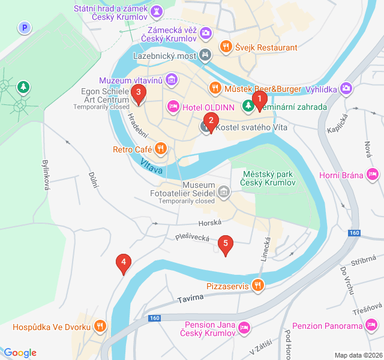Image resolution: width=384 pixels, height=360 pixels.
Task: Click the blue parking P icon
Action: (24, 28)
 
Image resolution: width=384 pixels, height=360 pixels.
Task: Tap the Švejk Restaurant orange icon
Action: (226, 46)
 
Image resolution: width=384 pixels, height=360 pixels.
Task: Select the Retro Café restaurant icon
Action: (160, 148)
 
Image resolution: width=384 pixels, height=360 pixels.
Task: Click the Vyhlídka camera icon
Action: (346, 89)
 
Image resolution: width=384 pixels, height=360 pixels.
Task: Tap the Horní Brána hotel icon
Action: (373, 175)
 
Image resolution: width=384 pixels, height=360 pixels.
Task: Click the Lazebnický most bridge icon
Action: (206, 55)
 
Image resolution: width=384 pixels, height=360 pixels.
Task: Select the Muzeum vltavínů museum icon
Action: (172, 79)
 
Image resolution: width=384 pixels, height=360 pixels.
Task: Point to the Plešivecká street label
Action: (192, 238)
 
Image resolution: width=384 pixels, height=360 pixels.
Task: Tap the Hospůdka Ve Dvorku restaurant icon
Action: (100, 326)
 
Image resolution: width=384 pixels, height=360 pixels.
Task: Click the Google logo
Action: (20, 353)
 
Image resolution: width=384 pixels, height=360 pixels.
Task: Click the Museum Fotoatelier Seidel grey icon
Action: (224, 192)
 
